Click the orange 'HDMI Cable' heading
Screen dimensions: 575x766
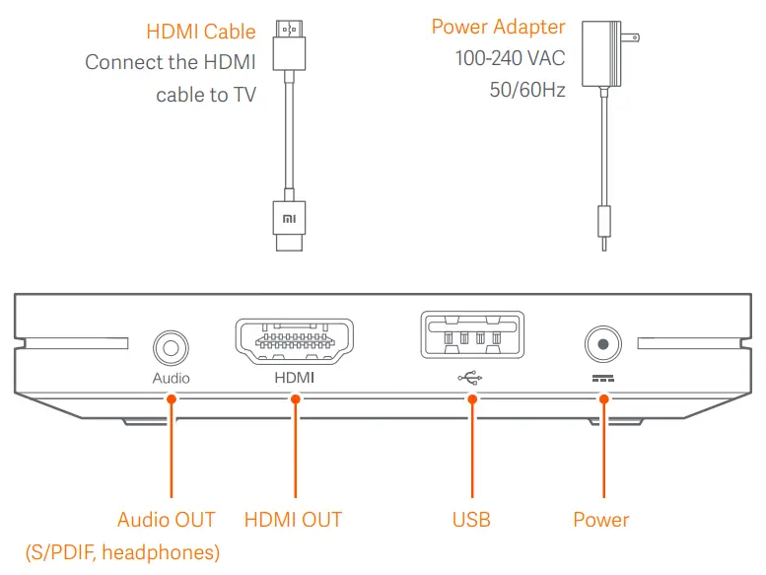pyautogui.click(x=200, y=32)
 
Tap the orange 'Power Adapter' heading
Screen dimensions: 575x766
pyautogui.click(x=498, y=27)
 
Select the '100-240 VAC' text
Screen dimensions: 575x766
pyautogui.click(x=510, y=59)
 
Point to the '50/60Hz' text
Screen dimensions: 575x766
pyautogui.click(x=527, y=91)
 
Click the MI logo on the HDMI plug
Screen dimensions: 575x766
pyautogui.click(x=289, y=216)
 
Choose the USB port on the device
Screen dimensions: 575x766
pyautogui.click(x=471, y=339)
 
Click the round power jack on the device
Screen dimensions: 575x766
pyautogui.click(x=601, y=346)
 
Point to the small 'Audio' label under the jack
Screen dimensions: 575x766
pyautogui.click(x=171, y=378)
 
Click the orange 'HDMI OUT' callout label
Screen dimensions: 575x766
pyautogui.click(x=293, y=520)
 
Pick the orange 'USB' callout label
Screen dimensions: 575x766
pyautogui.click(x=471, y=520)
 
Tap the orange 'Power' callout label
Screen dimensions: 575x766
pyautogui.click(x=600, y=520)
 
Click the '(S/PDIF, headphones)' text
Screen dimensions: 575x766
pyautogui.click(x=122, y=552)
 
